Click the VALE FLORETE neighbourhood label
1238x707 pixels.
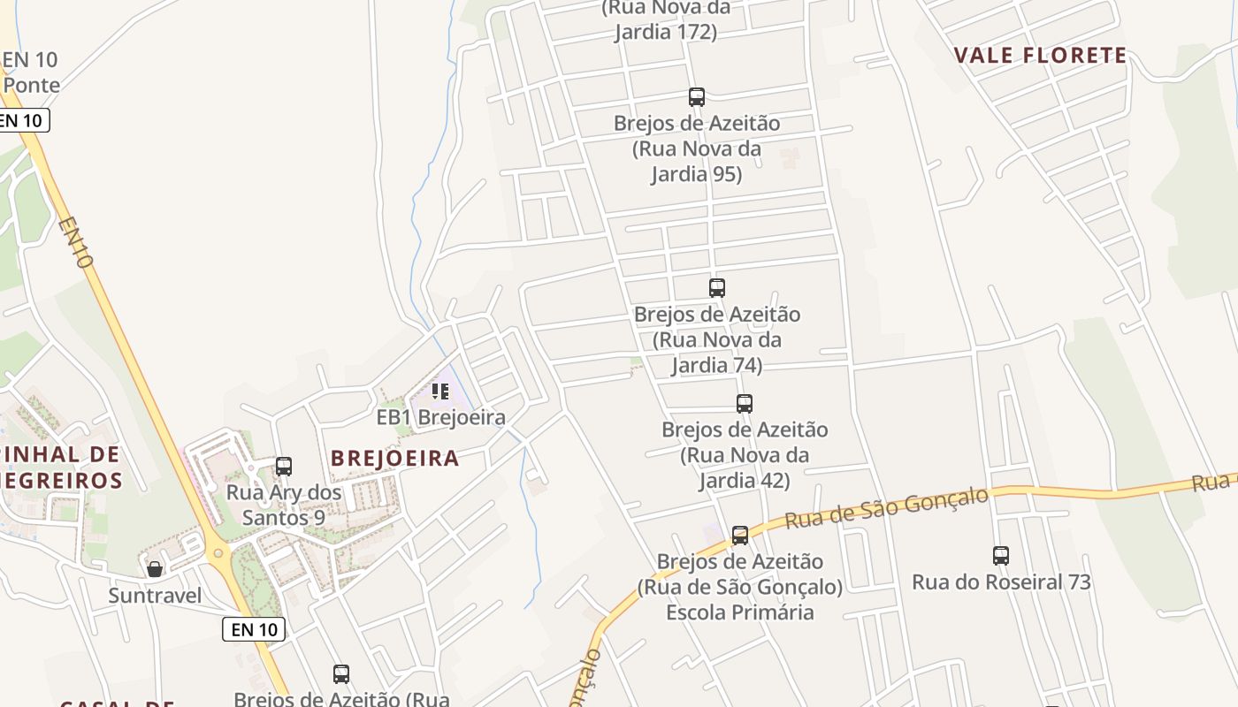(x=1040, y=56)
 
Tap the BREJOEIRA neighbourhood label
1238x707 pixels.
(x=394, y=458)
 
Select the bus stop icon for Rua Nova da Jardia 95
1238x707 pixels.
(x=697, y=97)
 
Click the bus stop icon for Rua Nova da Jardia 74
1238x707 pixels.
(x=717, y=288)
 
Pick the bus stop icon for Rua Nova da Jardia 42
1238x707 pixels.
(x=745, y=404)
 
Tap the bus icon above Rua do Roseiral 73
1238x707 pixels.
(x=1001, y=556)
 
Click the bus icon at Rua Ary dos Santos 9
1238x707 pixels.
(x=284, y=467)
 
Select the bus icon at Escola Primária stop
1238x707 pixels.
(x=740, y=536)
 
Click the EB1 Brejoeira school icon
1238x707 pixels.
(x=440, y=391)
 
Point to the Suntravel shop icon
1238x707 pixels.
(x=155, y=569)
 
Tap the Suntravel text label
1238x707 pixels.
(x=155, y=596)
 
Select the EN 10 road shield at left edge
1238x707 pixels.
(x=23, y=120)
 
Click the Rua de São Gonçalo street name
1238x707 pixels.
(x=886, y=508)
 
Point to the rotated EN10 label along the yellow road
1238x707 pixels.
(x=76, y=243)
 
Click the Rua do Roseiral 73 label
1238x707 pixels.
(x=1001, y=582)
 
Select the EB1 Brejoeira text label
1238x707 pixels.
(x=440, y=417)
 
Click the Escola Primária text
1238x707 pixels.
(x=739, y=612)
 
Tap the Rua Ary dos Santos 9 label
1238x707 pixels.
(x=284, y=505)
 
